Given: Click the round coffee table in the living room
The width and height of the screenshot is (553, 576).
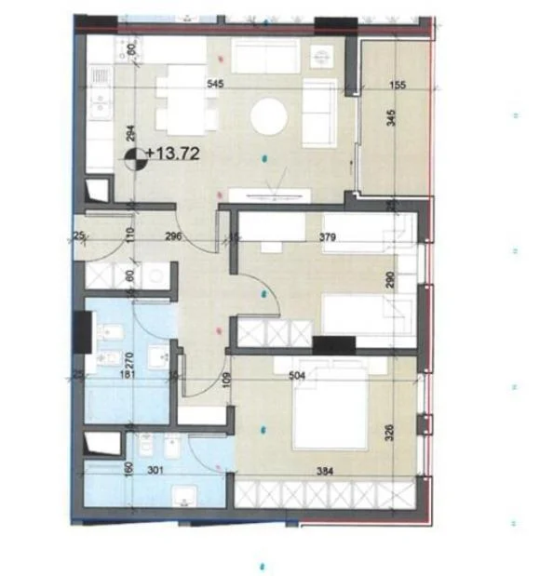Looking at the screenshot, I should [x=270, y=118].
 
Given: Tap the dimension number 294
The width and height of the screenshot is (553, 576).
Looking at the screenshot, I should [x=132, y=132].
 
